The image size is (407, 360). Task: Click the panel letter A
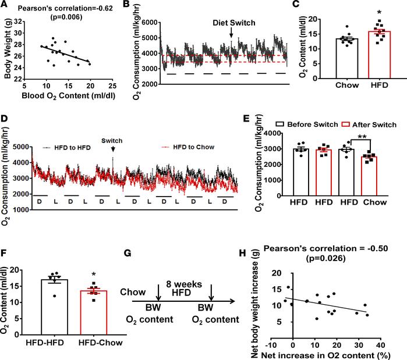pyautogui.click(x=5, y=6)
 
